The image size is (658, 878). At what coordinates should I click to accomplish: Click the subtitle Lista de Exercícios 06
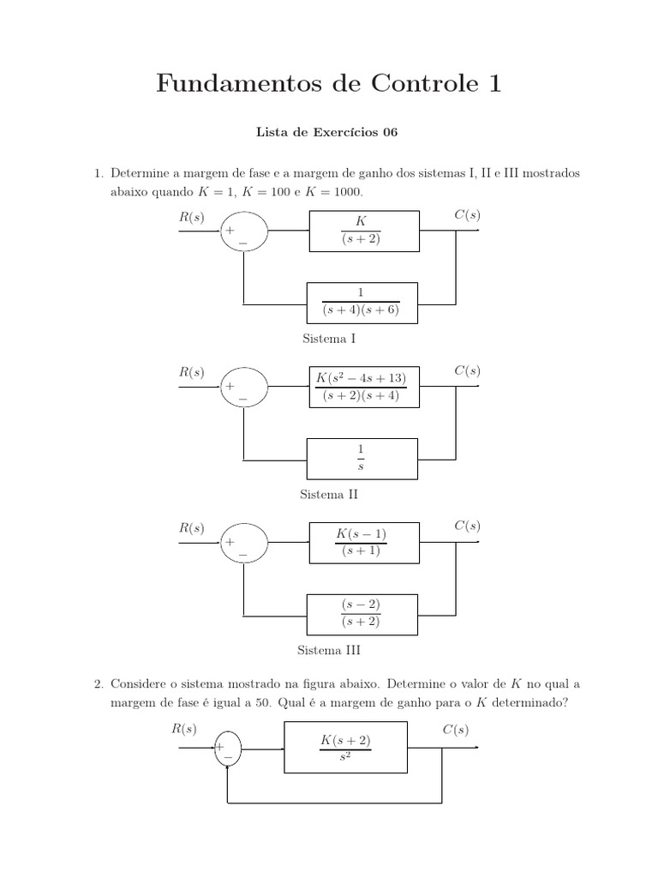coord(328,133)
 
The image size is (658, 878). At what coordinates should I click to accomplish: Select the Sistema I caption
coord(329,339)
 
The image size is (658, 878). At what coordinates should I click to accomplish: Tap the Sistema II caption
coord(329,495)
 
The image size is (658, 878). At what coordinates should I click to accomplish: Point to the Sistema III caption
coord(329,651)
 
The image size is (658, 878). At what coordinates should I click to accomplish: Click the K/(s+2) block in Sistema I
coord(364,230)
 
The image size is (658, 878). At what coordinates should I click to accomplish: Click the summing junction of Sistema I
coord(244,232)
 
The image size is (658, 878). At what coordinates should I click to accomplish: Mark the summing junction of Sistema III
coord(244,544)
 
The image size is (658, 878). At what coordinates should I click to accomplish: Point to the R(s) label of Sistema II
coord(192,371)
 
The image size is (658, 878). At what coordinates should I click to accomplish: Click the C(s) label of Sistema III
coord(467,526)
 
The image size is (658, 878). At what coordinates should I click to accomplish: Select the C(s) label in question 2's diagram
coord(454,730)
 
